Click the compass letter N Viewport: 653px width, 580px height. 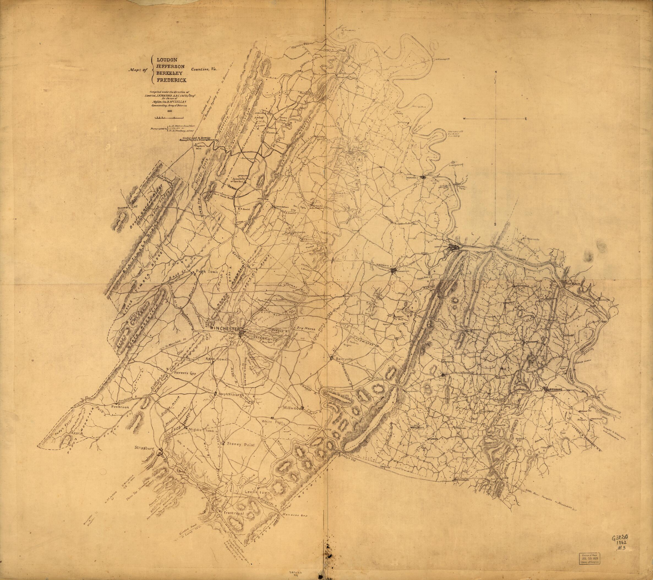pyautogui.click(x=495, y=72)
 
